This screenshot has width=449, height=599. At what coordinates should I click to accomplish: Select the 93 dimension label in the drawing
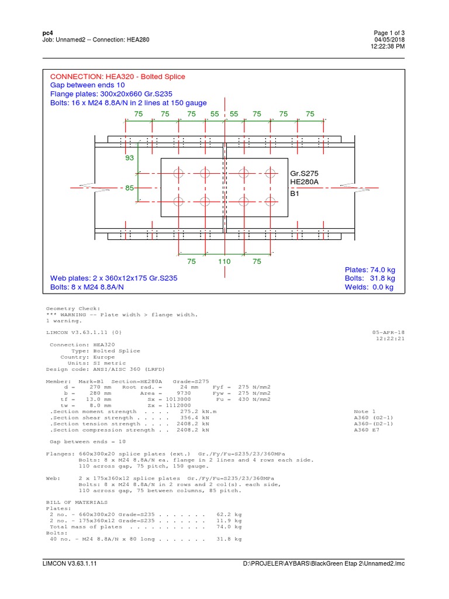[x=130, y=158]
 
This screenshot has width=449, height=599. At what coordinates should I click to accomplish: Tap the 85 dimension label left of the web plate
[x=130, y=188]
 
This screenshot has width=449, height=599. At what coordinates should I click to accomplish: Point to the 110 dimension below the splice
[x=224, y=261]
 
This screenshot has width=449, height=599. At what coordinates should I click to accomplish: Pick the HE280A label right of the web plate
[x=304, y=183]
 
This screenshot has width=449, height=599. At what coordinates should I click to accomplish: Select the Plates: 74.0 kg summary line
[x=369, y=270]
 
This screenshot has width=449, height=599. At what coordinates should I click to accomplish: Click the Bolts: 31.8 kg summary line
[x=369, y=278]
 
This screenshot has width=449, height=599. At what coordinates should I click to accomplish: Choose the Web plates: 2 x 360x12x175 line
[x=113, y=278]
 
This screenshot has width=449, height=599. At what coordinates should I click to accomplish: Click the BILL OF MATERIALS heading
[x=77, y=502]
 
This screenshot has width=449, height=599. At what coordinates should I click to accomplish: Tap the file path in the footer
[x=324, y=563]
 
